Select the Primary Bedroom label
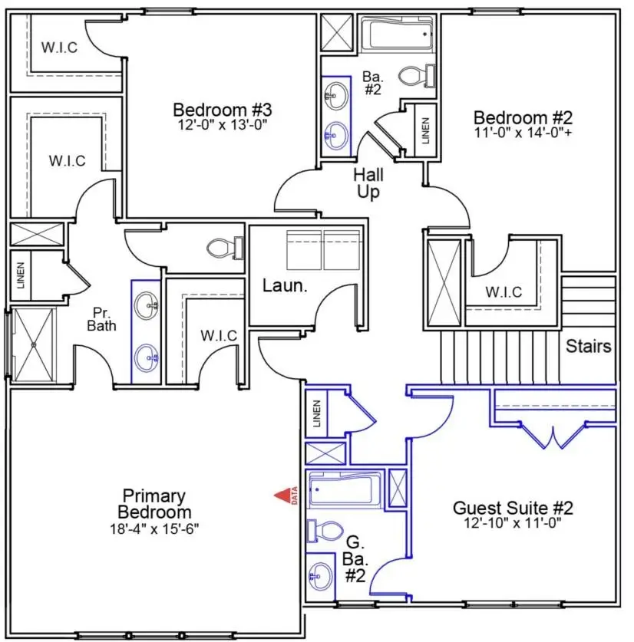156,504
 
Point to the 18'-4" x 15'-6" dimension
156,528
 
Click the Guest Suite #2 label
513,508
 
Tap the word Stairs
588,346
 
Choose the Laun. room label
285,286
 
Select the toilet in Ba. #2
418,76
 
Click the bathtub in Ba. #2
398,35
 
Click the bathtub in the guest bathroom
345,489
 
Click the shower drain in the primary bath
34,345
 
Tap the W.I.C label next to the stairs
504,292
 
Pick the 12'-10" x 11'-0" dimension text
513,523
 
